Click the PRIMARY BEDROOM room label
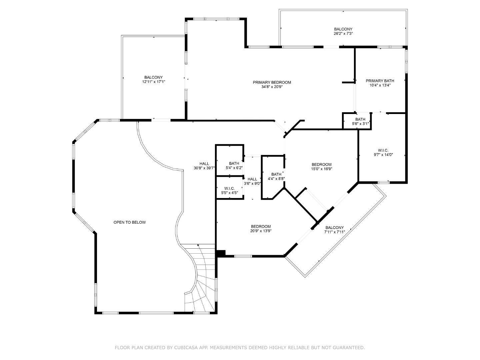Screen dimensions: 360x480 [272, 82]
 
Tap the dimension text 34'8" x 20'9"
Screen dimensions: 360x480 [272, 87]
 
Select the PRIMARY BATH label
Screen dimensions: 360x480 [380, 81]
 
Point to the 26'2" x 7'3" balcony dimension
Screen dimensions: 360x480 [343, 34]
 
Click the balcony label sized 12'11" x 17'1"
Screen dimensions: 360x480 [153, 77]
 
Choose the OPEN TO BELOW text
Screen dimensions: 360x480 [129, 222]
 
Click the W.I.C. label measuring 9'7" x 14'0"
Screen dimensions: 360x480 [383, 150]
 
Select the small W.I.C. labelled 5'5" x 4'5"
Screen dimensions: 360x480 [229, 189]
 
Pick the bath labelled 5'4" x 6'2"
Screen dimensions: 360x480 [234, 163]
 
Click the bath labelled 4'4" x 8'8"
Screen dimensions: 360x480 [276, 174]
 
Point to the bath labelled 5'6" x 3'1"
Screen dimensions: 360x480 [360, 119]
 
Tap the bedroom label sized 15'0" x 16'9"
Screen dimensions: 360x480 [321, 164]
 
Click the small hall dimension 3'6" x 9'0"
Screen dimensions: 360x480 [252, 183]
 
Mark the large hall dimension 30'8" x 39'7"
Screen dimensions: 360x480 [204, 168]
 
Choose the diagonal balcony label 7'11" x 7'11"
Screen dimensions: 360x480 [334, 232]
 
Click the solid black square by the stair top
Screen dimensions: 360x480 [221, 253]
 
